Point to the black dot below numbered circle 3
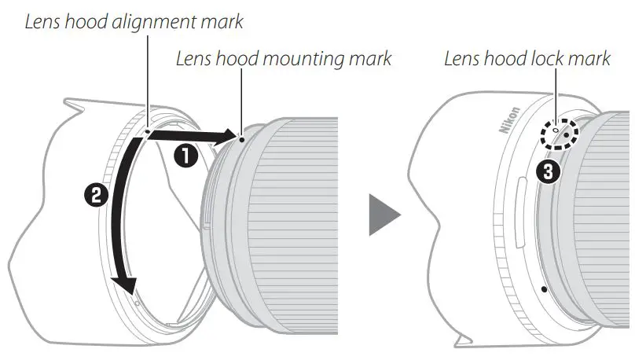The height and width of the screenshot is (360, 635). click(544, 289)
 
